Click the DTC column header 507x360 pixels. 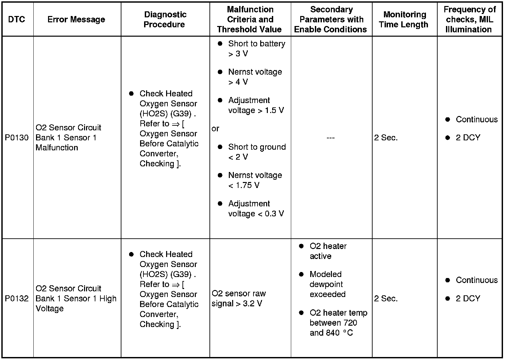[16, 19]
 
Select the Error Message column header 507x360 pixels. [76, 19]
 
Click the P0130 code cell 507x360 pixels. [17, 138]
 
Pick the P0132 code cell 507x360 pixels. [17, 298]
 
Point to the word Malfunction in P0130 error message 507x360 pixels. [57, 148]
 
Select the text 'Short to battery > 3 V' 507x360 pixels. [256, 49]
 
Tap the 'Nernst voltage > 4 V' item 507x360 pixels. [255, 77]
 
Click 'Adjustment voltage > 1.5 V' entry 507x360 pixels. [256, 105]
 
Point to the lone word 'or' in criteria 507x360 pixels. [215, 129]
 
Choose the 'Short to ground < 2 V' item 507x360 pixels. [257, 152]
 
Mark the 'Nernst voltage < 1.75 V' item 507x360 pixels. [255, 180]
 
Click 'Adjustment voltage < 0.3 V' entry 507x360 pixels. [256, 209]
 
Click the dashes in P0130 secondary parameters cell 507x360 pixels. [331, 138]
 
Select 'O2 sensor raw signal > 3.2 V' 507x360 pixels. [238, 298]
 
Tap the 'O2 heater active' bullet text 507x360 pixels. [328, 251]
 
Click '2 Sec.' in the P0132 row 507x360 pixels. [386, 299]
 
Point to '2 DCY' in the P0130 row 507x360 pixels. [468, 138]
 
